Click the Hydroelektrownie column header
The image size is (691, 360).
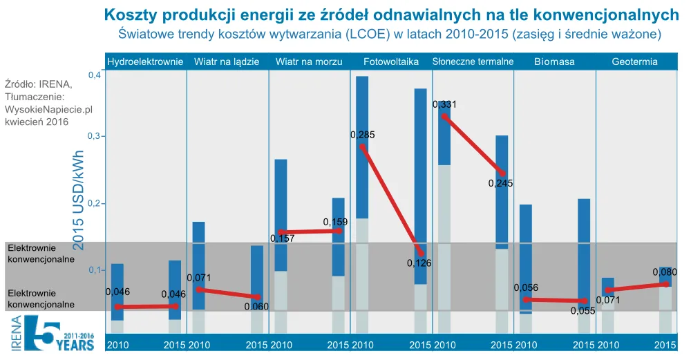(146, 61)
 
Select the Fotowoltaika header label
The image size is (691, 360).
(391, 61)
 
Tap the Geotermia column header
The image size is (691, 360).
(634, 61)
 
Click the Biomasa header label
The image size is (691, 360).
(554, 61)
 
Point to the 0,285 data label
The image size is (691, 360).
(362, 135)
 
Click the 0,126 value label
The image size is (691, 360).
(419, 263)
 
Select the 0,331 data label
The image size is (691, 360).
(444, 105)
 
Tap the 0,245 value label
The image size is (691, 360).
(500, 184)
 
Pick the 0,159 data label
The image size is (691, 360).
(335, 222)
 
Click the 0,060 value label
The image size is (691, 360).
(256, 306)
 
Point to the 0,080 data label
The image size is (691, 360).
(664, 272)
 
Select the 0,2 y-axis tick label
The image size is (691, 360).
(95, 204)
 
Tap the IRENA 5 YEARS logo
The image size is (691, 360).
(52, 334)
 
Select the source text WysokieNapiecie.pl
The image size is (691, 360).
(48, 109)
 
